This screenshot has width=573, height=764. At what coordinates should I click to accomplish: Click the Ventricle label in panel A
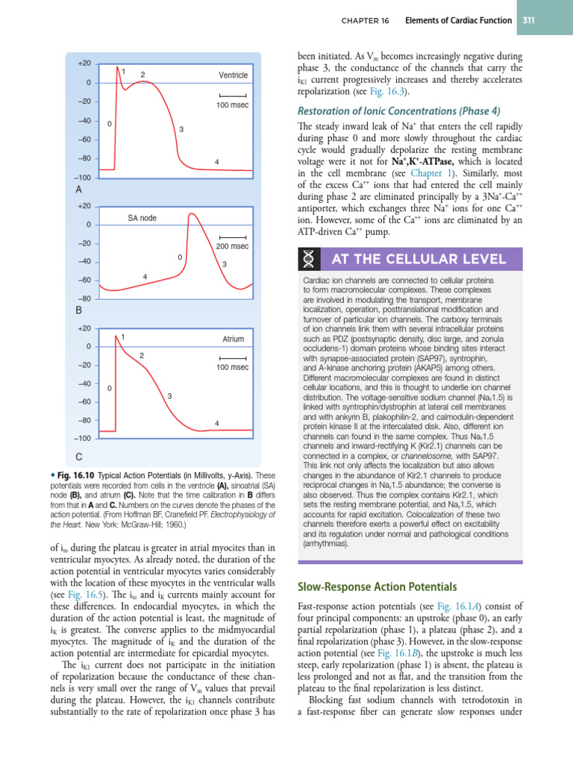click(x=233, y=75)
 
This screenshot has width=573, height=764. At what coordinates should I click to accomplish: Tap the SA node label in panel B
click(x=142, y=218)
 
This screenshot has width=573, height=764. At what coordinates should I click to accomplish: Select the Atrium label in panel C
click(x=234, y=339)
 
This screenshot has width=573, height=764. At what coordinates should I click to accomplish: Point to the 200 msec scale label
click(x=233, y=246)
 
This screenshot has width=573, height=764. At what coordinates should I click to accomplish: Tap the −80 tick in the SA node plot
click(x=83, y=298)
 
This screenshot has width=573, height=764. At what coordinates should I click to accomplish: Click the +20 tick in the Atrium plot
click(x=83, y=328)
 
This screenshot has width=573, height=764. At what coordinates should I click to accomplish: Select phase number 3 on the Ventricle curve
click(x=181, y=131)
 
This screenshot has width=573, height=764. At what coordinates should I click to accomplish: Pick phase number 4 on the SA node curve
click(x=145, y=277)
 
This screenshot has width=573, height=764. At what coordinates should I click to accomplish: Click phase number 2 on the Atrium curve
click(x=142, y=355)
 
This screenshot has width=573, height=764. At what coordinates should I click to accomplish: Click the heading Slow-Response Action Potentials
click(x=366, y=586)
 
